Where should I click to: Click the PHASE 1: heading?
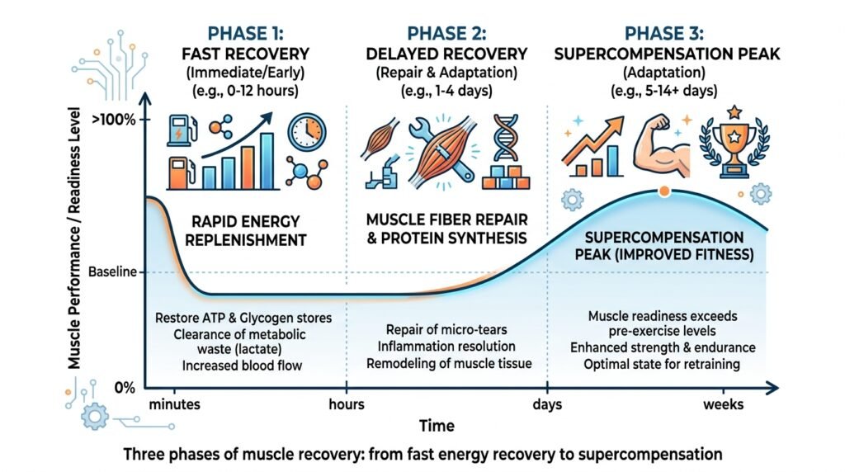pos(245,33)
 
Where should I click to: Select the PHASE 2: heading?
pos(446,33)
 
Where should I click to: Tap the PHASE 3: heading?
pos(664,33)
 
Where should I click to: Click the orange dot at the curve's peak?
pos(664,191)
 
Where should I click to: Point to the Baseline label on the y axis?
pos(112,271)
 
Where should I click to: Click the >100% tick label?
pos(114,119)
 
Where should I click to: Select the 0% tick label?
pos(125,388)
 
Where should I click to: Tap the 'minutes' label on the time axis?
pos(175,404)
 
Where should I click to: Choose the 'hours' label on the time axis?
pos(347,404)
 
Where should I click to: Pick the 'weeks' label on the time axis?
pos(723,404)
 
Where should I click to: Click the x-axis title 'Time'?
pos(437,426)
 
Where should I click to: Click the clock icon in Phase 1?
pos(307,132)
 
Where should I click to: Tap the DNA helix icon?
pos(506,138)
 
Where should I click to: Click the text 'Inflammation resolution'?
pos(446,347)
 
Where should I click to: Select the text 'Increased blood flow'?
pos(242,366)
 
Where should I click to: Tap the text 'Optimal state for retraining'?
pos(662,364)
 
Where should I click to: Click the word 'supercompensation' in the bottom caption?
pos(650,455)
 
